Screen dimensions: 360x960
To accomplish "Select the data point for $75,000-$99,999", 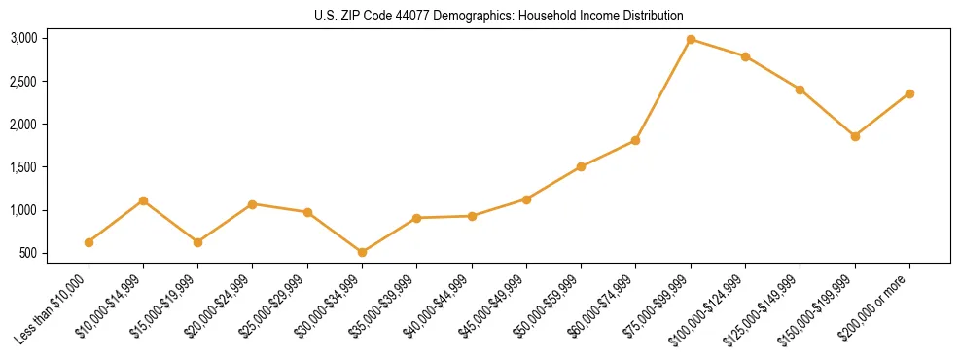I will pyautogui.click(x=691, y=39).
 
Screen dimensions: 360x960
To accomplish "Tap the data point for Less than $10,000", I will pyautogui.click(x=89, y=242).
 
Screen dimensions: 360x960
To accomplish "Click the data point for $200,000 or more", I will pyautogui.click(x=909, y=93).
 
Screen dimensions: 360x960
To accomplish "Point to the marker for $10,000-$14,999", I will pyautogui.click(x=143, y=200).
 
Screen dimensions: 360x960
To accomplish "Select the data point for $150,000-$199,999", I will pyautogui.click(x=855, y=136).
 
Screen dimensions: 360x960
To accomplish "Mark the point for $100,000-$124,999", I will pyautogui.click(x=745, y=56).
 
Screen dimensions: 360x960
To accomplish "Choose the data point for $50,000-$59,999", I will pyautogui.click(x=581, y=166).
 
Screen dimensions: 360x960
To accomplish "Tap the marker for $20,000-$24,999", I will pyautogui.click(x=253, y=204).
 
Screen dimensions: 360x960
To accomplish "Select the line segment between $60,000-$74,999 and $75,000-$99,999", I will pyautogui.click(x=663, y=90).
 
